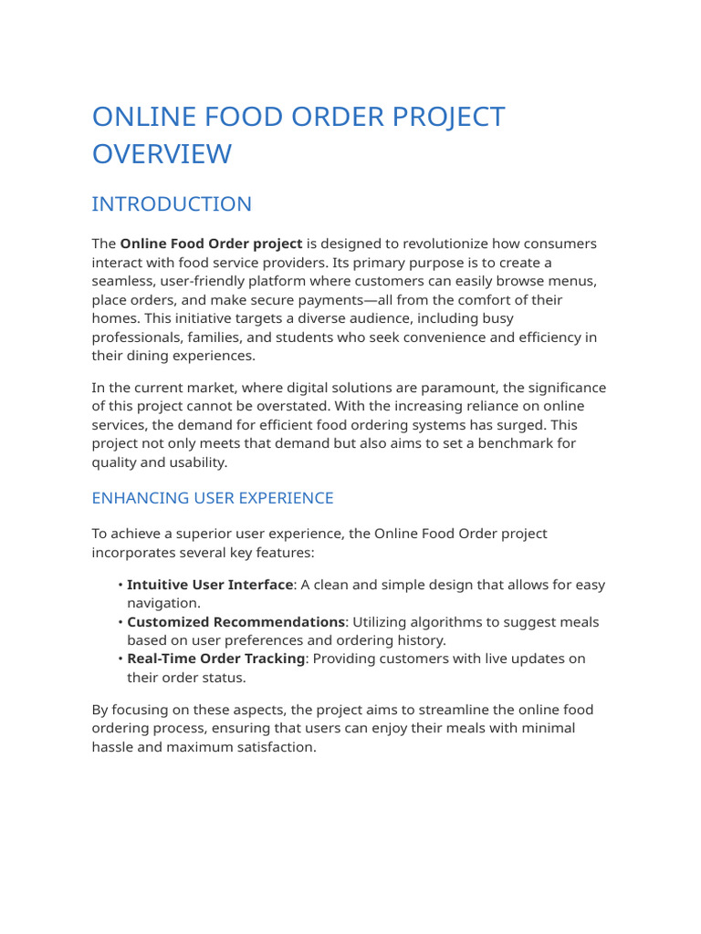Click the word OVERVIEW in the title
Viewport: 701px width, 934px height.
pyautogui.click(x=162, y=154)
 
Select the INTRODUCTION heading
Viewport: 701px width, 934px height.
pyautogui.click(x=172, y=204)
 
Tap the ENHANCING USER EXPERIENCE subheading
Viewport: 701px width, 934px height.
pyautogui.click(x=213, y=498)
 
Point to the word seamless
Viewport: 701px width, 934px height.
pyautogui.click(x=122, y=282)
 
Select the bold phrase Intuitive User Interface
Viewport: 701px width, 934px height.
pyautogui.click(x=210, y=585)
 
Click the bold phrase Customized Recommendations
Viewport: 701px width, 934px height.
pyautogui.click(x=235, y=622)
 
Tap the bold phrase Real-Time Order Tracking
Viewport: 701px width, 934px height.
pyautogui.click(x=215, y=659)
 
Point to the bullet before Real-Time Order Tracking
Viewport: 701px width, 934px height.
pyautogui.click(x=120, y=659)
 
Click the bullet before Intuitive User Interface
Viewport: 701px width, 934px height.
pyautogui.click(x=120, y=585)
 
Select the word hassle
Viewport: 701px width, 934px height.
pyautogui.click(x=114, y=746)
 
